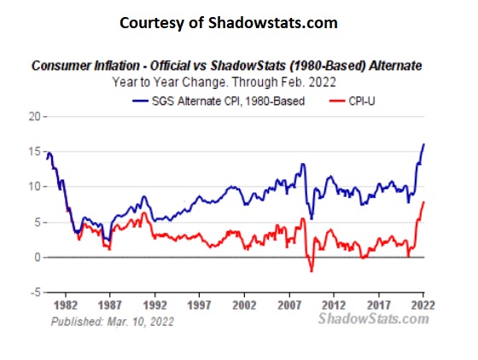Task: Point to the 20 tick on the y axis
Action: [35, 116]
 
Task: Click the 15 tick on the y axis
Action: [35, 152]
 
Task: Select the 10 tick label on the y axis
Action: [35, 187]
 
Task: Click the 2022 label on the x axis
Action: [417, 303]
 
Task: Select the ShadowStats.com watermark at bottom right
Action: [373, 318]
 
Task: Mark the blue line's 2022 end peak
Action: [424, 145]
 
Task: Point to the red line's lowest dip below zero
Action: [312, 271]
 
